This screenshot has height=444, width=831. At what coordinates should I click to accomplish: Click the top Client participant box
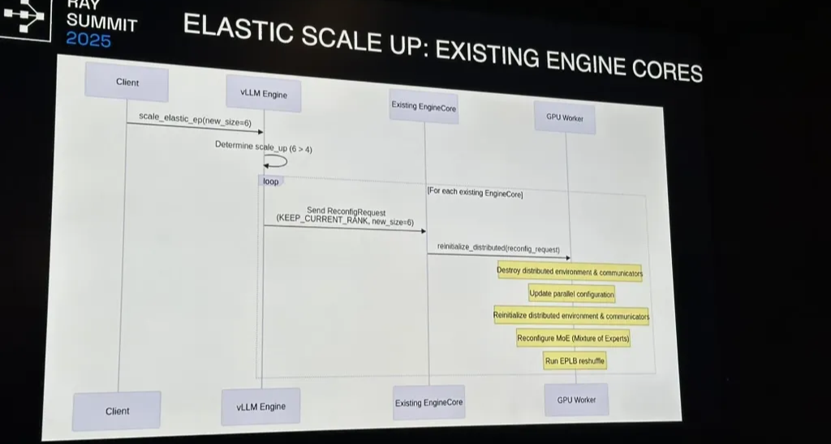coord(127,82)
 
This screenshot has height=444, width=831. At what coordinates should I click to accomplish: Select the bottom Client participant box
coord(117,411)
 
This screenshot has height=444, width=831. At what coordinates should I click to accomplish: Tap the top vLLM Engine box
coord(264,94)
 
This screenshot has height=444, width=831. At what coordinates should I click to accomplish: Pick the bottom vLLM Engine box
coord(260,407)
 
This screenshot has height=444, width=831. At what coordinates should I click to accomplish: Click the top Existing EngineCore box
coord(424,106)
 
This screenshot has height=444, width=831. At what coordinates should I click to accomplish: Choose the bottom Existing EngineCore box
coord(428,403)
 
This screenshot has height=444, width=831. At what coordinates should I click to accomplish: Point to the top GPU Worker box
coord(565,117)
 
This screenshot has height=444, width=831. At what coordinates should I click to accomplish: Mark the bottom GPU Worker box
coord(576,399)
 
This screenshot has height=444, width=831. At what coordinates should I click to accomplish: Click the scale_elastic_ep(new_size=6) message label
coord(195,119)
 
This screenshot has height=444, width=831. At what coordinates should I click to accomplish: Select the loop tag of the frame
coord(270,181)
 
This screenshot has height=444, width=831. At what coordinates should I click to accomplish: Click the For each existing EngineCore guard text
coord(475,193)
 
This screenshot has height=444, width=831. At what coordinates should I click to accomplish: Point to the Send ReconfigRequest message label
coord(345,216)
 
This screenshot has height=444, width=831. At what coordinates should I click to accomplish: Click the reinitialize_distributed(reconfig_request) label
coord(498,248)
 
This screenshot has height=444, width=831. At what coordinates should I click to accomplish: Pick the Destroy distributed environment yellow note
coord(570,272)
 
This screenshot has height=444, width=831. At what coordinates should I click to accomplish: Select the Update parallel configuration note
coord(572,294)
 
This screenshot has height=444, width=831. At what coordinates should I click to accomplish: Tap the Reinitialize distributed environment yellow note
coord(571,316)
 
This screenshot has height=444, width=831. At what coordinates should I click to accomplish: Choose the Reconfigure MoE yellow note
coord(574,339)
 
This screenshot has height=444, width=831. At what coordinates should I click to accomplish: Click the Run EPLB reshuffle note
coord(575,361)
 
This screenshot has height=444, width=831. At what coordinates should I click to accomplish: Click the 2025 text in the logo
coord(88,40)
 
